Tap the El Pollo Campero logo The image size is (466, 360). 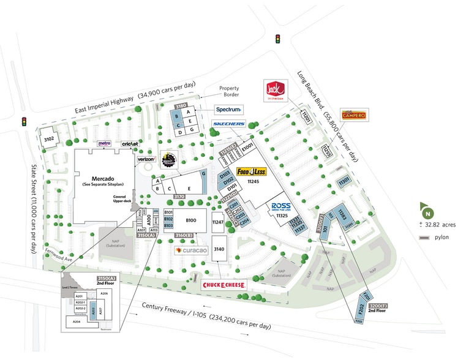click(353, 115)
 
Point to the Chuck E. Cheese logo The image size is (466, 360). click(224, 285)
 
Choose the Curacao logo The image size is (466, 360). click(192, 251)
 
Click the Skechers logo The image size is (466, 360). click(228, 124)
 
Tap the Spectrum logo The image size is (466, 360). click(228, 110)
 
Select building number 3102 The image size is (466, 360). click(49, 139)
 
